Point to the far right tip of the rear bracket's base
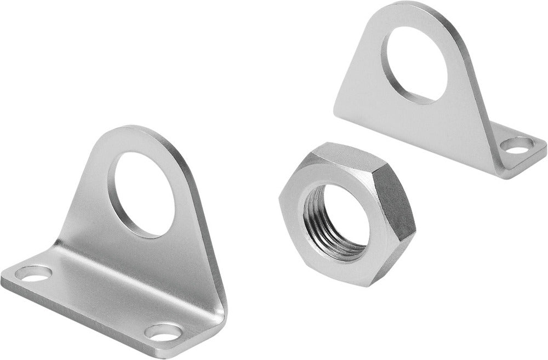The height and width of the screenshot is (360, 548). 546,144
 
